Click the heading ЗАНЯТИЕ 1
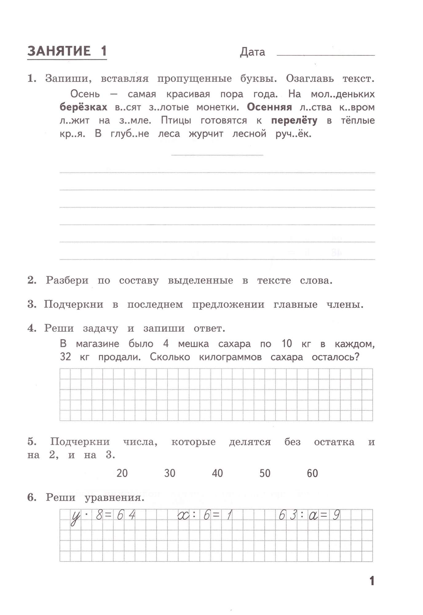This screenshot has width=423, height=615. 67,51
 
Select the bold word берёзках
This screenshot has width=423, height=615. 83,107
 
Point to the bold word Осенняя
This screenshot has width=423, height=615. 269,107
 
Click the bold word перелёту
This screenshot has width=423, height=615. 294,121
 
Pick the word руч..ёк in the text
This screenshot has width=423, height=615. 293,134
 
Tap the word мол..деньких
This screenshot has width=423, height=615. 342,94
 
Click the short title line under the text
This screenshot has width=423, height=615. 217,155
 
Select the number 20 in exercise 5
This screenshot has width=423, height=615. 122,473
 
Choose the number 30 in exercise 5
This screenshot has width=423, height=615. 170,473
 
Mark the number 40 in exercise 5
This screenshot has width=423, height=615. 217,473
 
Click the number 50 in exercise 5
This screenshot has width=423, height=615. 265,473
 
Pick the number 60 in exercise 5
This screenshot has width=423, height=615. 312,473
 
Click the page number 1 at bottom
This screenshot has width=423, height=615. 372,581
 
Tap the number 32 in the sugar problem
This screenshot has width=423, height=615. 65,357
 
